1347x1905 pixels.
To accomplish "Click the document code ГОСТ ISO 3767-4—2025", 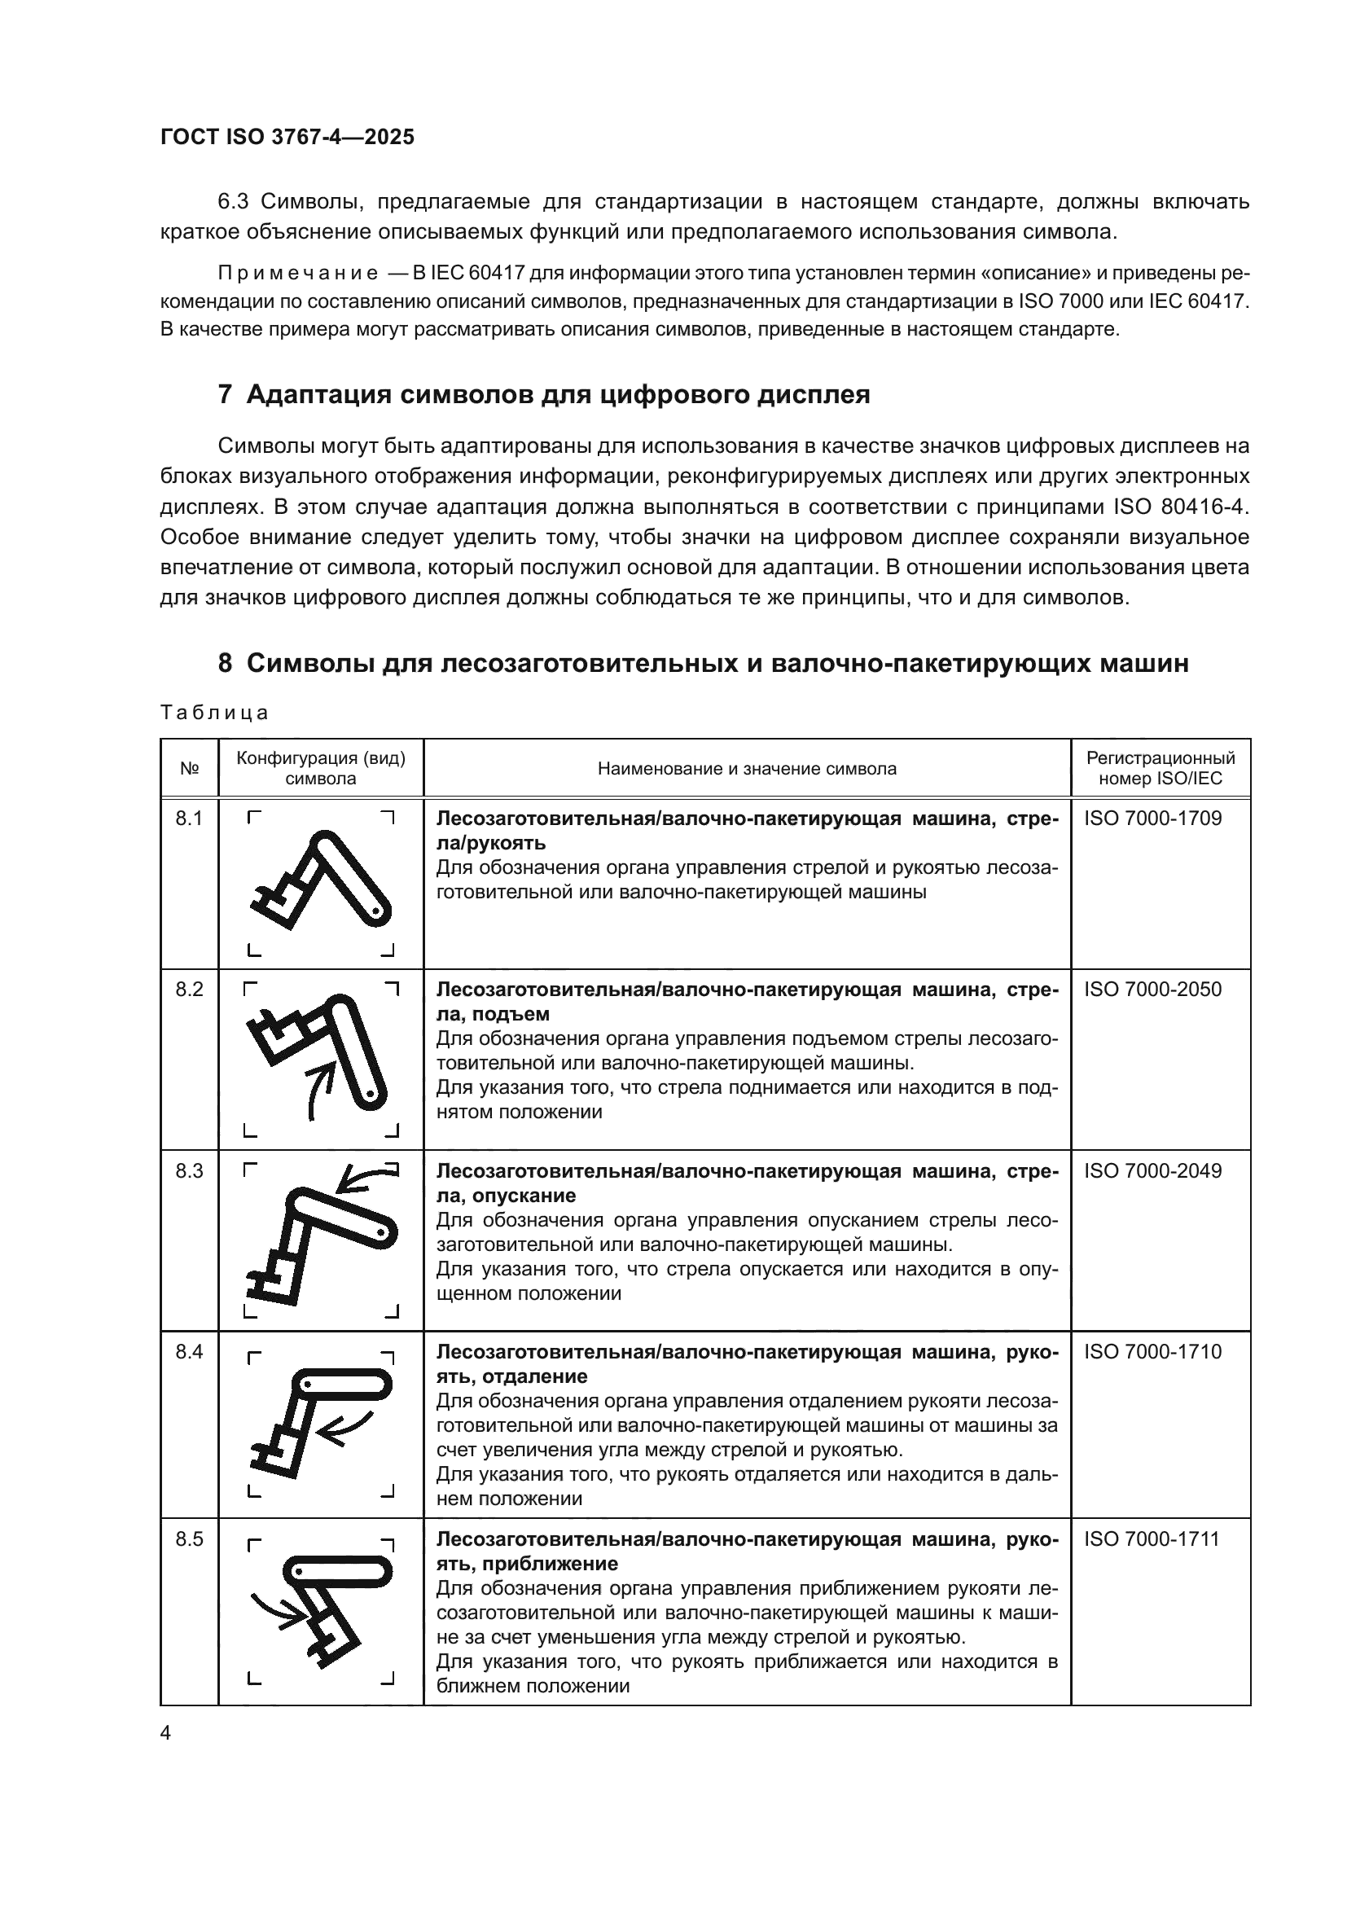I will tap(287, 138).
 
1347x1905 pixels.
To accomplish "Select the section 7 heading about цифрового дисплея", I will tap(543, 394).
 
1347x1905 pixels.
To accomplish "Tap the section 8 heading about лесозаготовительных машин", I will tap(704, 663).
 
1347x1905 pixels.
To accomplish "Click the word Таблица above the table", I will tap(214, 713).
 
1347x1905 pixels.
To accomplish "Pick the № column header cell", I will tap(189, 768).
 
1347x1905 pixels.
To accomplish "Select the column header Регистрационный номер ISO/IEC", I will tap(1160, 768).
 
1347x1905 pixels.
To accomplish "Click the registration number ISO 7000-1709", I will tap(1152, 819).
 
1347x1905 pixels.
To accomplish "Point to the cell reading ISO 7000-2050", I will tap(1152, 990).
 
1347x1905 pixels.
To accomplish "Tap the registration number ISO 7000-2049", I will tap(1152, 1170).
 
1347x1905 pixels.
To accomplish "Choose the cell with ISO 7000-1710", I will tap(1152, 1352).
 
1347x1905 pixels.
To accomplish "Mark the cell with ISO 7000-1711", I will tap(1152, 1539).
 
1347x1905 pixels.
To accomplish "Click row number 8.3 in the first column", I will tap(189, 1170).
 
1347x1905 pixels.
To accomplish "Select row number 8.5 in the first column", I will tap(189, 1539).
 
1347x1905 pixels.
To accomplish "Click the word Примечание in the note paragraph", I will tap(298, 274).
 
